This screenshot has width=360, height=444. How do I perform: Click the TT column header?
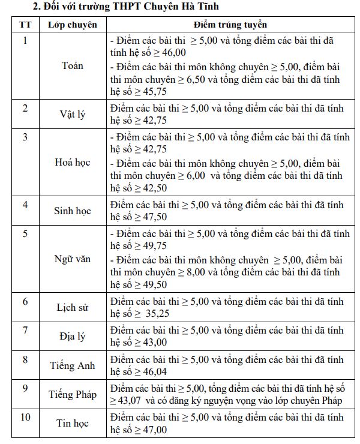pos(25,25)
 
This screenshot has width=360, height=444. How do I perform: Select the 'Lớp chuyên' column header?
pos(73,25)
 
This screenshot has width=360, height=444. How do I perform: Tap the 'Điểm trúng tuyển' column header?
pos(230,25)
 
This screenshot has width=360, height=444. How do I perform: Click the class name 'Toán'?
pos(73,65)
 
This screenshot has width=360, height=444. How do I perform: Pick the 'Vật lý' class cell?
pos(73,114)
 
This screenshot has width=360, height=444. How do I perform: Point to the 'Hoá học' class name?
pos(73,162)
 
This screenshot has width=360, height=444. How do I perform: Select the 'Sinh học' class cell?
pos(73,211)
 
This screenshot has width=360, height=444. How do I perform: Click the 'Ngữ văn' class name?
pos(73,259)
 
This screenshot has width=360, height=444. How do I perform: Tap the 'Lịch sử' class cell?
pos(73,307)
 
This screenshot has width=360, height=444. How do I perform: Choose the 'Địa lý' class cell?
pos(73,336)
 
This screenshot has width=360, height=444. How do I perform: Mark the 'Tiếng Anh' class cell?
pos(73,365)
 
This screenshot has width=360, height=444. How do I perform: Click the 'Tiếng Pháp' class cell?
pos(73,394)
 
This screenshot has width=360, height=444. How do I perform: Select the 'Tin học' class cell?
pos(73,424)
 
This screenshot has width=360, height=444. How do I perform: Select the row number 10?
pos(25,417)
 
